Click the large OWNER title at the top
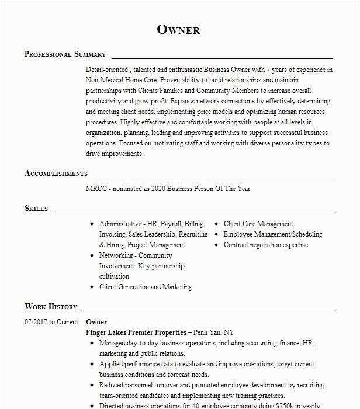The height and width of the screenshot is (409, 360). click(x=179, y=29)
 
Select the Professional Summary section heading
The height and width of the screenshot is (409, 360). click(x=65, y=54)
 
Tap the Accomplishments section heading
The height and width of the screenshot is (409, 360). click(x=56, y=174)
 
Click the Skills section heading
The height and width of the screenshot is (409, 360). click(x=36, y=209)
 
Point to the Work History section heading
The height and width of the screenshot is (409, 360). click(x=51, y=307)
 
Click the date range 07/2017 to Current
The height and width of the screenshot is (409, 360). click(x=51, y=322)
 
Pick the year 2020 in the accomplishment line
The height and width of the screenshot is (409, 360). click(x=160, y=189)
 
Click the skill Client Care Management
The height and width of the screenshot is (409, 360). click(x=258, y=224)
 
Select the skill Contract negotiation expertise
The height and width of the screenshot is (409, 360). click(x=266, y=245)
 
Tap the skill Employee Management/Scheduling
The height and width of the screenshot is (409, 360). click(x=273, y=234)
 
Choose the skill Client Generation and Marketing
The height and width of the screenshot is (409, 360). click(x=146, y=287)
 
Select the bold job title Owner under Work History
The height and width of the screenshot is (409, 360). click(x=96, y=322)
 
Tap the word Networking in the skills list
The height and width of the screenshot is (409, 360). click(x=116, y=255)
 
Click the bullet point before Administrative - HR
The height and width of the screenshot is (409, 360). click(x=92, y=224)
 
